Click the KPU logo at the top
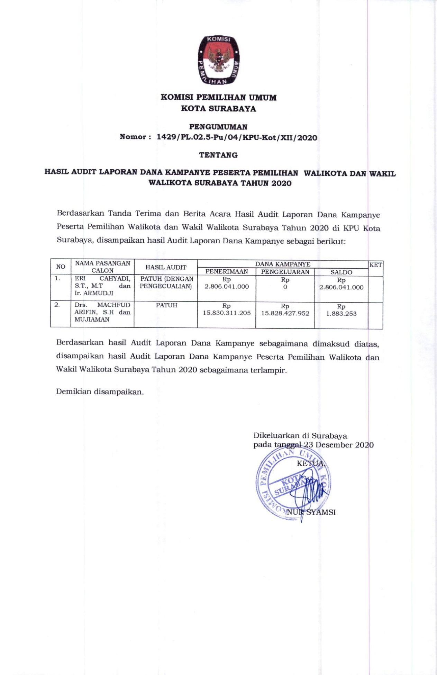coord(219,60)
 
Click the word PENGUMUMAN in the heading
coord(218,127)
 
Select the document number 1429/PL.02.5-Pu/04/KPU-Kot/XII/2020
coord(237,137)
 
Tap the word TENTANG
coord(218,155)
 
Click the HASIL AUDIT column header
coord(166,267)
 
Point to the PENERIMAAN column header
coord(227,272)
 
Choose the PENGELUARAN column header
coord(285,272)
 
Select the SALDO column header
coord(341,272)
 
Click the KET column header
coord(376,265)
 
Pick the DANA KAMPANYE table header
coord(283,264)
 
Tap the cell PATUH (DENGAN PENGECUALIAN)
coord(166,282)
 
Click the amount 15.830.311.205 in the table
coord(227,313)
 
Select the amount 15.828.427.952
coord(285,313)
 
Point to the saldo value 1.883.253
coord(341,314)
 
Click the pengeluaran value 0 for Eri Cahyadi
coord(285,287)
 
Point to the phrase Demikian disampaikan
coord(100,392)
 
